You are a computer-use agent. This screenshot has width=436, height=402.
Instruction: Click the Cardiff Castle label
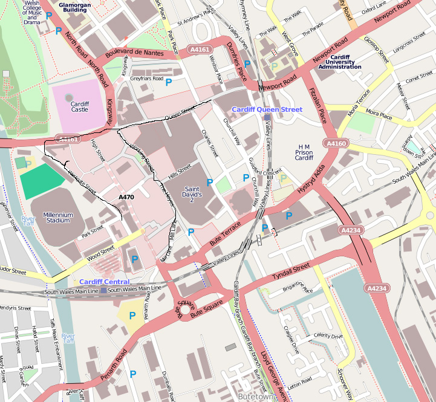pyautogui.click(x=79, y=107)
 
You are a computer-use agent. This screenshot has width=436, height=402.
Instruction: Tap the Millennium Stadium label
pyautogui.click(x=58, y=218)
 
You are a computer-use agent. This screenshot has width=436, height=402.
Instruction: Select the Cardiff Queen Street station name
pyautogui.click(x=267, y=109)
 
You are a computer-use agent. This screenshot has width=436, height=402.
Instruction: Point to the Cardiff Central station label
pyautogui.click(x=104, y=282)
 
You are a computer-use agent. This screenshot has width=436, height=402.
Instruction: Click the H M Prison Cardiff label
pyautogui.click(x=304, y=152)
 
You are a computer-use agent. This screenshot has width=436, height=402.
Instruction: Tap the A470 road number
pyautogui.click(x=126, y=197)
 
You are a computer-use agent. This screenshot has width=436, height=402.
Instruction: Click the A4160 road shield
pyautogui.click(x=336, y=144)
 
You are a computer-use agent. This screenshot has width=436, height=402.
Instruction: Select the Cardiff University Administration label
pyautogui.click(x=339, y=62)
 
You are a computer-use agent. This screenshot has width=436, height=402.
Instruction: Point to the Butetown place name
pyautogui.click(x=255, y=397)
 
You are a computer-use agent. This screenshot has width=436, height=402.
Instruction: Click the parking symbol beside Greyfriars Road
pyautogui.click(x=169, y=82)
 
